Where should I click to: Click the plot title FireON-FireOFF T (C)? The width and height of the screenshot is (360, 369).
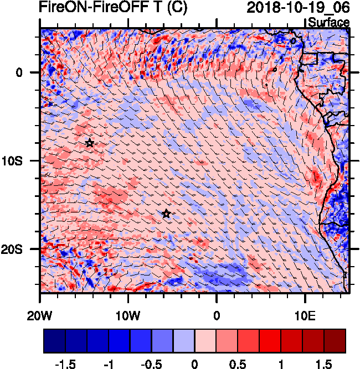97,8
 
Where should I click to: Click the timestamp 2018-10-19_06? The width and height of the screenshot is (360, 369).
297,8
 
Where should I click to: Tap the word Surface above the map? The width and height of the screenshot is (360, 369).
328,23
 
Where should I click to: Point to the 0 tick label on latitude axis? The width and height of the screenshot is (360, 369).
19,72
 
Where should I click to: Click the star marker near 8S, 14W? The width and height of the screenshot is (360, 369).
90,143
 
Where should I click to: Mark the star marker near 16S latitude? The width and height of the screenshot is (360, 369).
166,214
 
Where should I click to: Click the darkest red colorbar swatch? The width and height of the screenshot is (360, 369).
335,341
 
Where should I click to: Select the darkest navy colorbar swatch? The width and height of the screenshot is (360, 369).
54,341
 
